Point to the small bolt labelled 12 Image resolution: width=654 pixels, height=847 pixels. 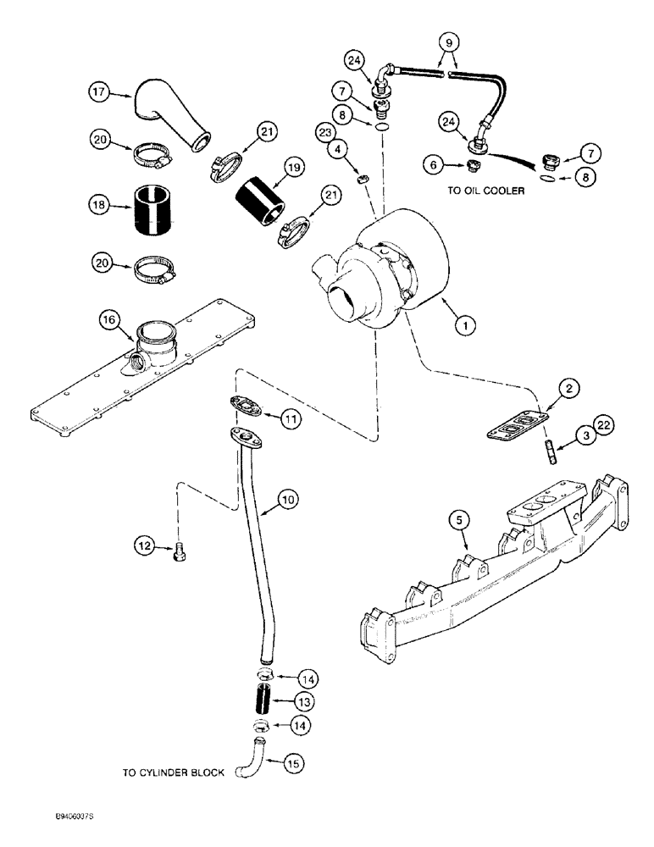pos(179,552)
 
